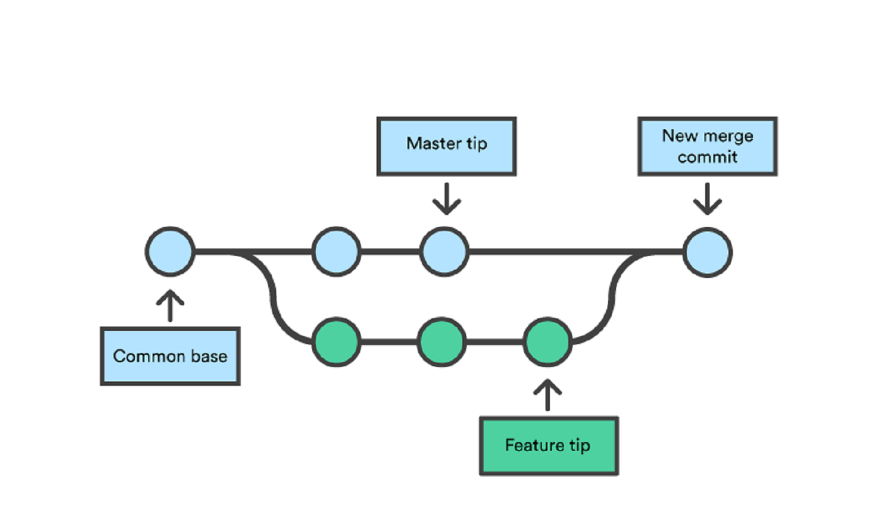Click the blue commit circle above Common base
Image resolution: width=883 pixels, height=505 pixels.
[170, 252]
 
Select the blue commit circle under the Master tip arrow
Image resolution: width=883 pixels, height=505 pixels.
[445, 252]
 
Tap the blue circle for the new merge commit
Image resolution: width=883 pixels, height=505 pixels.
[708, 252]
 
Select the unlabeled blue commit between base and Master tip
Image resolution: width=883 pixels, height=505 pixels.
[337, 252]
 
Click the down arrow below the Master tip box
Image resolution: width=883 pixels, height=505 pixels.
[447, 199]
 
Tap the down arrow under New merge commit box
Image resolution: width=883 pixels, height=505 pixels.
[707, 199]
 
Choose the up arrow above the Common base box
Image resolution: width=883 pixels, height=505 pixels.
[170, 305]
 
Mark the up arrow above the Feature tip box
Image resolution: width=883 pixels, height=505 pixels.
[547, 395]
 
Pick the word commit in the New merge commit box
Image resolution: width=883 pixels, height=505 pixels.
[707, 156]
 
